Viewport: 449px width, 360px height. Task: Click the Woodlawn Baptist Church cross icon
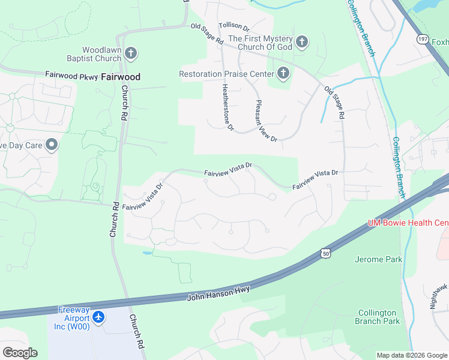point(131,55)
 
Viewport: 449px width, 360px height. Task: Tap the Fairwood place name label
point(121,77)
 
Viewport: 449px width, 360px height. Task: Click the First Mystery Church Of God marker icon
point(302,42)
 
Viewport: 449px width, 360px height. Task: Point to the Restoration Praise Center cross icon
point(283,74)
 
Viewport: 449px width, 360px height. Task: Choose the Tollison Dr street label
point(234,26)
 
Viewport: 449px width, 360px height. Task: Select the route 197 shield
point(423,40)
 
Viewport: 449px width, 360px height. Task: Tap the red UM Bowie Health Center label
point(408,223)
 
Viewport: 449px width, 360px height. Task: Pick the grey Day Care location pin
point(52,145)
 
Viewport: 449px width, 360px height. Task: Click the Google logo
point(20,353)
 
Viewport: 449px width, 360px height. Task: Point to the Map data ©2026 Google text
point(412,355)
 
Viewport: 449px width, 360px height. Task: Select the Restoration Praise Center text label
point(226,74)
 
